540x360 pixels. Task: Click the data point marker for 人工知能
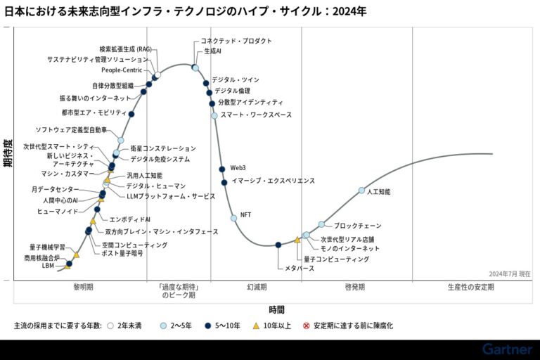[362, 191]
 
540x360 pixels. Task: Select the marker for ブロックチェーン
[321, 224]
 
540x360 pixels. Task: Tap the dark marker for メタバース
[278, 245]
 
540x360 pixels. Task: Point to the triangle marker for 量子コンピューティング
[297, 240]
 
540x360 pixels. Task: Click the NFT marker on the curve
[234, 218]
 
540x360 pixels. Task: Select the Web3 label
[238, 167]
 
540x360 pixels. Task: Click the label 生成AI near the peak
[212, 51]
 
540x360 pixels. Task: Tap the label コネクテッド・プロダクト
[236, 41]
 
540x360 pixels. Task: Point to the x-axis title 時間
[276, 309]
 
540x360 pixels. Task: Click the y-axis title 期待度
[6, 153]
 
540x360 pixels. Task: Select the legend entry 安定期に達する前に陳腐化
[348, 326]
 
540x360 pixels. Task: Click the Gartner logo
[507, 349]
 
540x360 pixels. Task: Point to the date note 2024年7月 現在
[510, 274]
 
